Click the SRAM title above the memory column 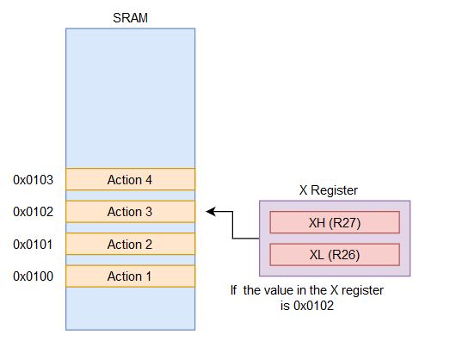pos(130,18)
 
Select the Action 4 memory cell pos(130,179)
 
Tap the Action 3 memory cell pos(130,212)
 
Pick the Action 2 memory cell pos(130,244)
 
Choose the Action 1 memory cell pos(130,276)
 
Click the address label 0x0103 pos(34,180)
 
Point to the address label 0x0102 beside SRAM pos(34,212)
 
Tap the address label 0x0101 pos(34,245)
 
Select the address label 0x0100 pos(34,276)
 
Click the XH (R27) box pos(335,222)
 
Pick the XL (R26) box pos(335,255)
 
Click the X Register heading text pos(329,190)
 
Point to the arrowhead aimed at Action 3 pos(211,212)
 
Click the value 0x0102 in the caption pos(313,306)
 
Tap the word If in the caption pos(233,290)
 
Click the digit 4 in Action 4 pos(148,180)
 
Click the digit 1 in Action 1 pos(148,276)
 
